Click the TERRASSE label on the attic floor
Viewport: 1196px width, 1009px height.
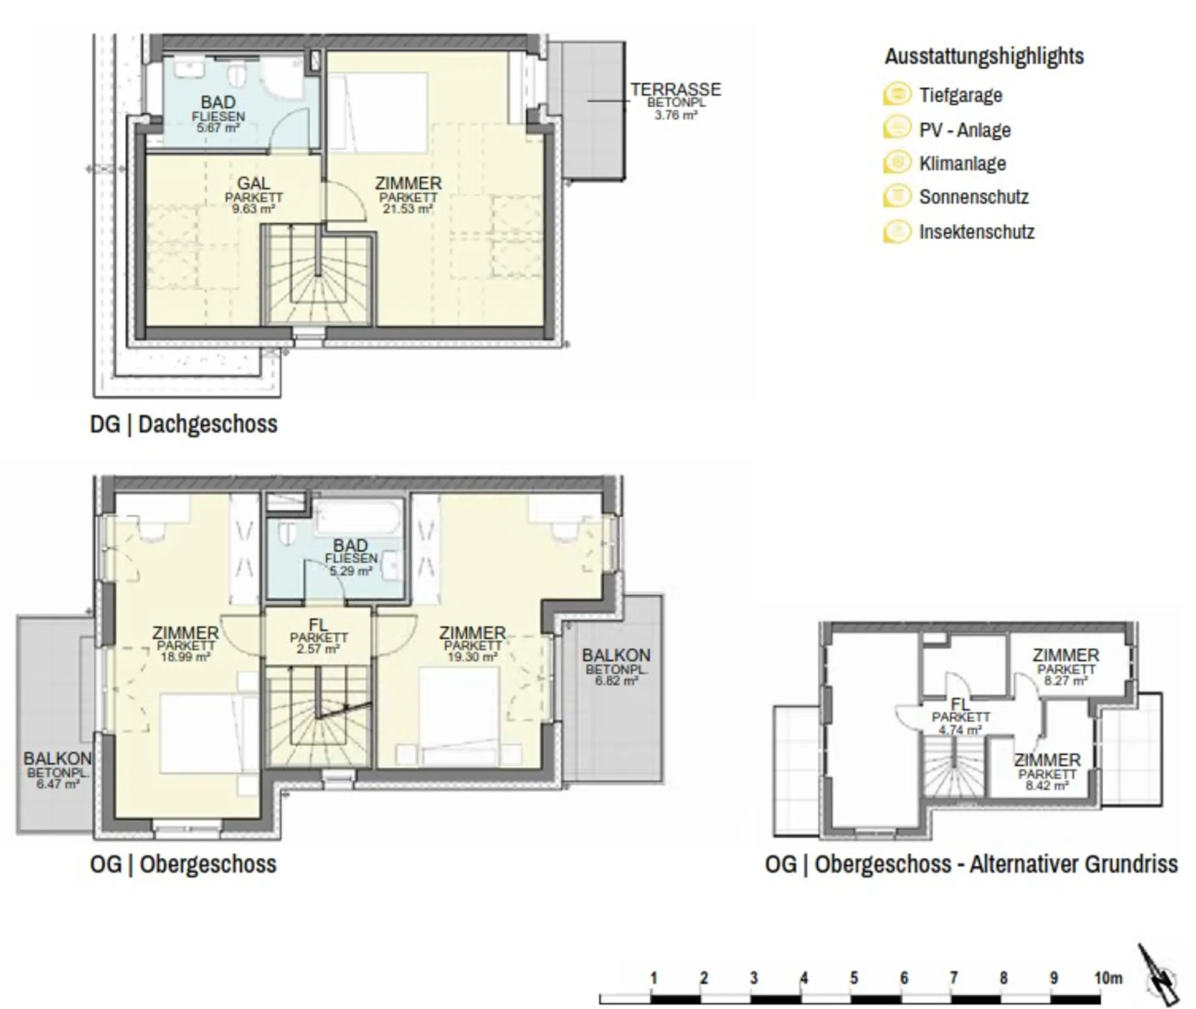point(676,90)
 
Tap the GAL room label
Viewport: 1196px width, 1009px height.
point(254,183)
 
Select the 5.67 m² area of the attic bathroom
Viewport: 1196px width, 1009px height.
point(218,128)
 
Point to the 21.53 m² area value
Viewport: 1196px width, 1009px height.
point(408,209)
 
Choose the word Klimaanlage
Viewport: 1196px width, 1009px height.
point(962,163)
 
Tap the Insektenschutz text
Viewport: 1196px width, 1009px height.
point(977,232)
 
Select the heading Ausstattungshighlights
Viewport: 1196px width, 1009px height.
point(984,56)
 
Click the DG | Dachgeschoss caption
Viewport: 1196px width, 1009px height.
point(184,424)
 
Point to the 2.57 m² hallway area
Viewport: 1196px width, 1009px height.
point(318,649)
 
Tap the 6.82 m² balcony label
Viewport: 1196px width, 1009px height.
point(616,681)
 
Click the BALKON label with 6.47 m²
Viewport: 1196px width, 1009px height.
point(57,758)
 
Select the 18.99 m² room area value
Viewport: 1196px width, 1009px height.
point(186,657)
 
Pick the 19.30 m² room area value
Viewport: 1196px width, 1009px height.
point(472,657)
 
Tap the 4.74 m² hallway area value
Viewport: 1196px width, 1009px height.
point(960,729)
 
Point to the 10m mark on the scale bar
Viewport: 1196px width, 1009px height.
point(1108,978)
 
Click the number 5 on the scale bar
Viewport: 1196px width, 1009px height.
point(853,978)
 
